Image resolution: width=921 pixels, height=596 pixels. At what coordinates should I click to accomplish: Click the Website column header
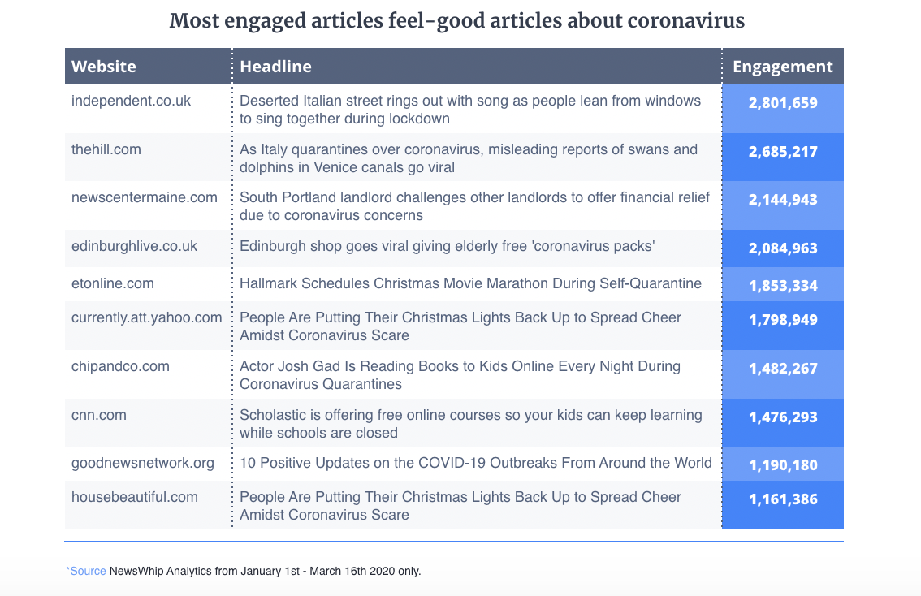click(x=104, y=67)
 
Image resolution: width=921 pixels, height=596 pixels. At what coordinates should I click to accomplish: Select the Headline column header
click(x=275, y=67)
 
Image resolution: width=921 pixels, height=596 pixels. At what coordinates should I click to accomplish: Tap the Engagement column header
click(x=783, y=67)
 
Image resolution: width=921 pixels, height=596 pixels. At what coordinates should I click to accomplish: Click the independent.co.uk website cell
click(x=132, y=101)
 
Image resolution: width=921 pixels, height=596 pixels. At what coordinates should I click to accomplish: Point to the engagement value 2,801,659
click(x=783, y=103)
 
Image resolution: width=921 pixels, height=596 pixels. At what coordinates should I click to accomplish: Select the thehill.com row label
click(x=106, y=149)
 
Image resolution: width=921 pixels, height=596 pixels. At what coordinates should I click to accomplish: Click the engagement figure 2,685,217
click(x=783, y=152)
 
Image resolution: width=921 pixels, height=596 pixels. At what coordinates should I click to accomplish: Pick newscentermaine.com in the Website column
click(x=145, y=197)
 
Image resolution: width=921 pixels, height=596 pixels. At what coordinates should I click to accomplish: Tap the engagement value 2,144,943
click(x=783, y=200)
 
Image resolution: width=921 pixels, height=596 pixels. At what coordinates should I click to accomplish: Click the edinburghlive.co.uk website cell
click(x=135, y=246)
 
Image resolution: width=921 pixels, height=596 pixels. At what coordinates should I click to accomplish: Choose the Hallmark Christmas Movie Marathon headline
click(x=469, y=283)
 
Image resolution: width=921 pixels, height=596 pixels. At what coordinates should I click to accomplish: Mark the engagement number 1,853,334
click(x=783, y=286)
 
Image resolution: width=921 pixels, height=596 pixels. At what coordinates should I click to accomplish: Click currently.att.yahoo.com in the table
click(x=147, y=317)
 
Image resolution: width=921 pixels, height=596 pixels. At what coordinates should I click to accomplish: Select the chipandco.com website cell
click(x=121, y=366)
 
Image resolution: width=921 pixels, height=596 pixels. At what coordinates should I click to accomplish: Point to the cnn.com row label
click(x=99, y=415)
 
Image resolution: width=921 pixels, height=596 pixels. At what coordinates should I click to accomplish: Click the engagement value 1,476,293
click(x=783, y=417)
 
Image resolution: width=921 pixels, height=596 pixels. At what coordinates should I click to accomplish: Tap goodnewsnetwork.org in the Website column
click(x=143, y=463)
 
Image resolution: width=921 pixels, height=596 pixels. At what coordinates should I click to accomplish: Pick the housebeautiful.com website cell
click(x=135, y=497)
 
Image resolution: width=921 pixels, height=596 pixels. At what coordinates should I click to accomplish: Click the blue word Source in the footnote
click(x=88, y=571)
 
